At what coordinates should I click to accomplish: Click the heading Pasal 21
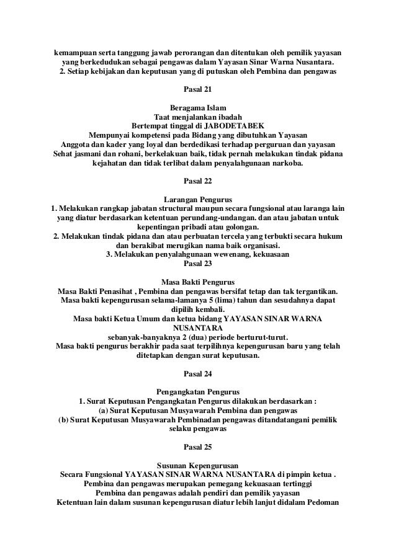[x=198, y=89]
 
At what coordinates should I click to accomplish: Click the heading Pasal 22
[x=198, y=181]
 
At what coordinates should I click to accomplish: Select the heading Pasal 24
[x=198, y=373]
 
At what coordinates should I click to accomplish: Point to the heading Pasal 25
[x=198, y=447]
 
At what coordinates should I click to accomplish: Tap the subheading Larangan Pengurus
[x=198, y=199]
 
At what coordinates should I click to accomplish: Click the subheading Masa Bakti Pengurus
[x=198, y=280]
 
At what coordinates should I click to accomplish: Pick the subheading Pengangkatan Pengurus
[x=198, y=391]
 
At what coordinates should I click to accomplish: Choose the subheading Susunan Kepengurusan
[x=198, y=464]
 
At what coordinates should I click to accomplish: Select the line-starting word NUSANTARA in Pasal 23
[x=198, y=328]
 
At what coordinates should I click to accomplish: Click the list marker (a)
[x=106, y=411]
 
